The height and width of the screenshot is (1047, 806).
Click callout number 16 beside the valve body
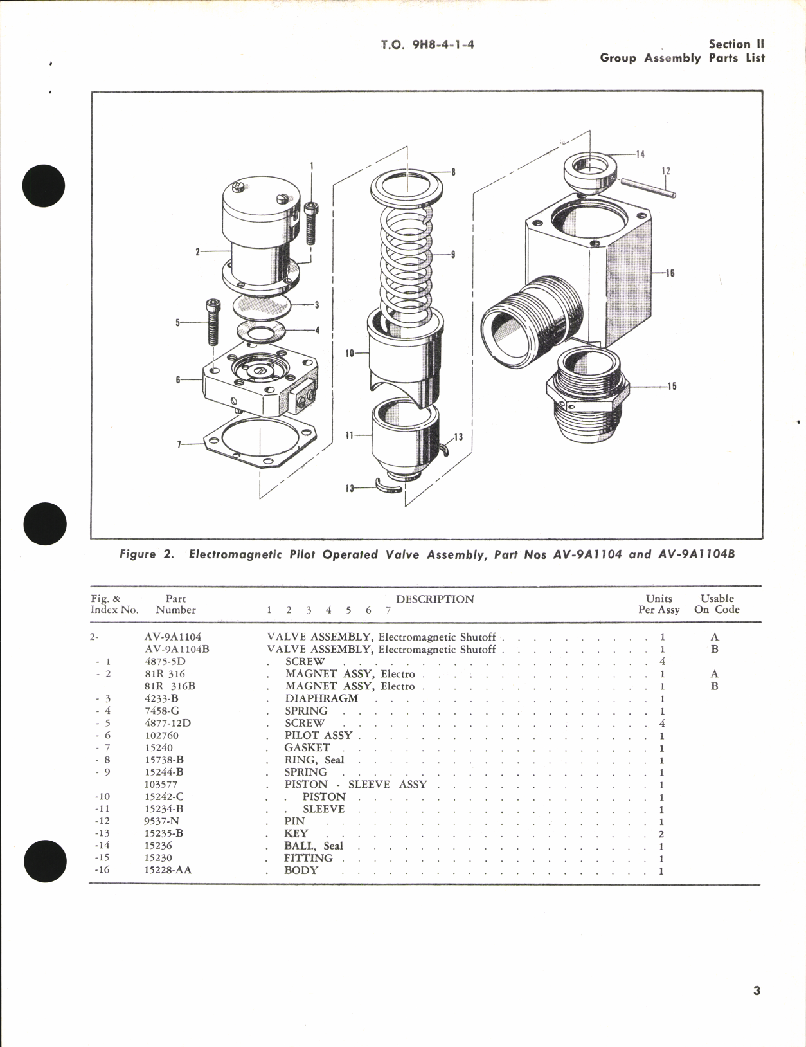pos(670,273)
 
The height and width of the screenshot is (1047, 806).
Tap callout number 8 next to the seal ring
pos(453,172)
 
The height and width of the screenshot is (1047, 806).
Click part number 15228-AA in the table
pos(168,870)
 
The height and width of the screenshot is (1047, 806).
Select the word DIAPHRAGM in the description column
pos(321,698)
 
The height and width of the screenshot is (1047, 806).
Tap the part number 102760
pos(161,735)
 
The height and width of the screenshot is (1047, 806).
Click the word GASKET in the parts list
pos(307,747)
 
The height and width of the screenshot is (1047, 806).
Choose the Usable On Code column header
pos(717,604)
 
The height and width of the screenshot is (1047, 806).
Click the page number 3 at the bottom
pos(757,990)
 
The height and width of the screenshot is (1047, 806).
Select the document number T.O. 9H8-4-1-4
pos(427,44)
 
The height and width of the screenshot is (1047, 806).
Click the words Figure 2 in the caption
pos(147,554)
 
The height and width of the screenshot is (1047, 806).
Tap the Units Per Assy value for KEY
pos(661,833)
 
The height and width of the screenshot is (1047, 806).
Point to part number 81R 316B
pos(170,686)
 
